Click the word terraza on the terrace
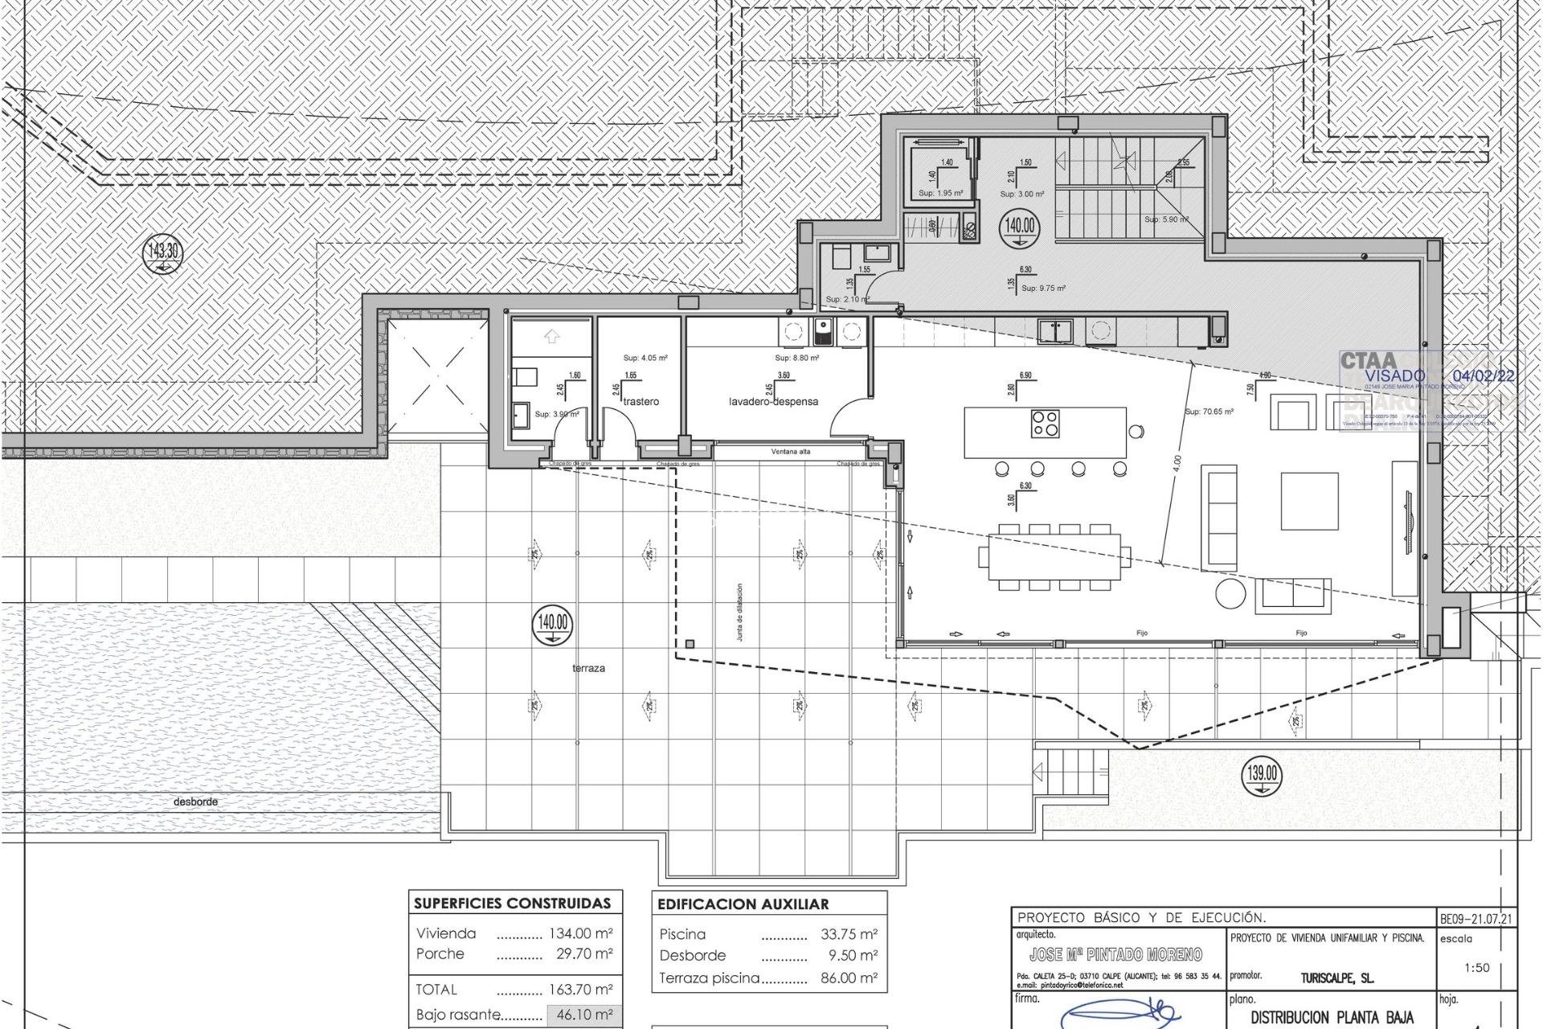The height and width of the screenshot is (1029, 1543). pos(589,668)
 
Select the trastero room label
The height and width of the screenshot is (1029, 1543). pos(641,401)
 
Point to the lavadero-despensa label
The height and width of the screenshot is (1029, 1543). pos(773,401)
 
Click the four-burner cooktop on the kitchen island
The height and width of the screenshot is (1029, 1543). pos(1046,423)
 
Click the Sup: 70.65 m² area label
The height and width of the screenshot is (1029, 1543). pos(1209,412)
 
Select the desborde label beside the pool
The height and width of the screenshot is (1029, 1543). pos(195,801)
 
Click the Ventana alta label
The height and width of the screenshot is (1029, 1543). pos(791,452)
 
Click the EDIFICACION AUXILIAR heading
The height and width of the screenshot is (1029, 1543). pos(743,904)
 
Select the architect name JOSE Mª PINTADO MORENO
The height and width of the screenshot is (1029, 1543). pos(1115,955)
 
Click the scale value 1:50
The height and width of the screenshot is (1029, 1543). pos(1476,968)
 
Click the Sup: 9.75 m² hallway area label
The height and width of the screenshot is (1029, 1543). pos(1042,288)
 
